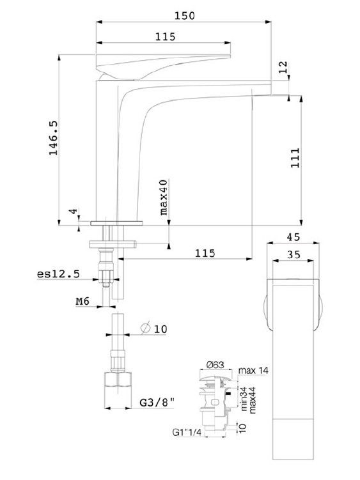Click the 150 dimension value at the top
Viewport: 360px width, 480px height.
[x=184, y=15]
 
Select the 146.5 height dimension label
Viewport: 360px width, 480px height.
[x=53, y=138]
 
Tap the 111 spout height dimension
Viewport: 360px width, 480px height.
[x=295, y=158]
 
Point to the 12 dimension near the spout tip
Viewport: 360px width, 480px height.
[x=284, y=66]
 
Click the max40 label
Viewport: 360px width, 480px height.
[x=164, y=197]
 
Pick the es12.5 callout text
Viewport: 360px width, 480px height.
[x=58, y=274]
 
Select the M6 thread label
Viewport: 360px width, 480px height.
[x=82, y=301]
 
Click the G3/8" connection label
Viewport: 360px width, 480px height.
[x=157, y=402]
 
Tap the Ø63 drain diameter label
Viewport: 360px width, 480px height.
[x=215, y=364]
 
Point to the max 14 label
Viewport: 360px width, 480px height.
[x=253, y=371]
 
